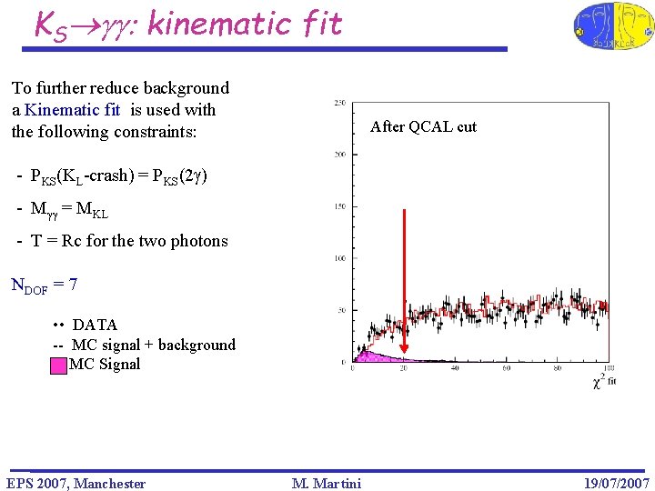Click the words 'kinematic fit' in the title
[244, 23]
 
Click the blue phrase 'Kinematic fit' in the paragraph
[73, 110]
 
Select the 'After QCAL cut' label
[423, 127]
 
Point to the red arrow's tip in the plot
[404, 352]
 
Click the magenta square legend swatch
[58, 366]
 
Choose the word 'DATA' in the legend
[95, 325]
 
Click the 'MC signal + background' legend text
[153, 345]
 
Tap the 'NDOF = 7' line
[44, 285]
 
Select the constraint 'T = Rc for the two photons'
[122, 241]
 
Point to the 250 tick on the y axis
[338, 102]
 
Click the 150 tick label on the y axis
[338, 206]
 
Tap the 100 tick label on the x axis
[608, 368]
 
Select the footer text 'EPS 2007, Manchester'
[76, 483]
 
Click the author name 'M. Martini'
[327, 483]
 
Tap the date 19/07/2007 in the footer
[616, 483]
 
